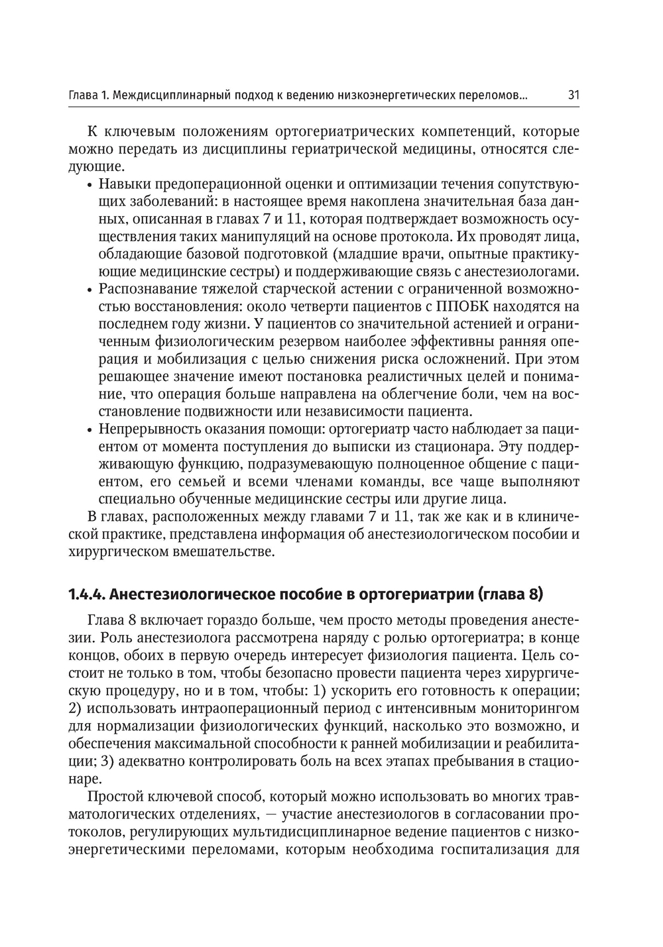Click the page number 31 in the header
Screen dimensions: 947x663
pos(573,95)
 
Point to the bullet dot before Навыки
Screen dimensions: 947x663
pos(89,184)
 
